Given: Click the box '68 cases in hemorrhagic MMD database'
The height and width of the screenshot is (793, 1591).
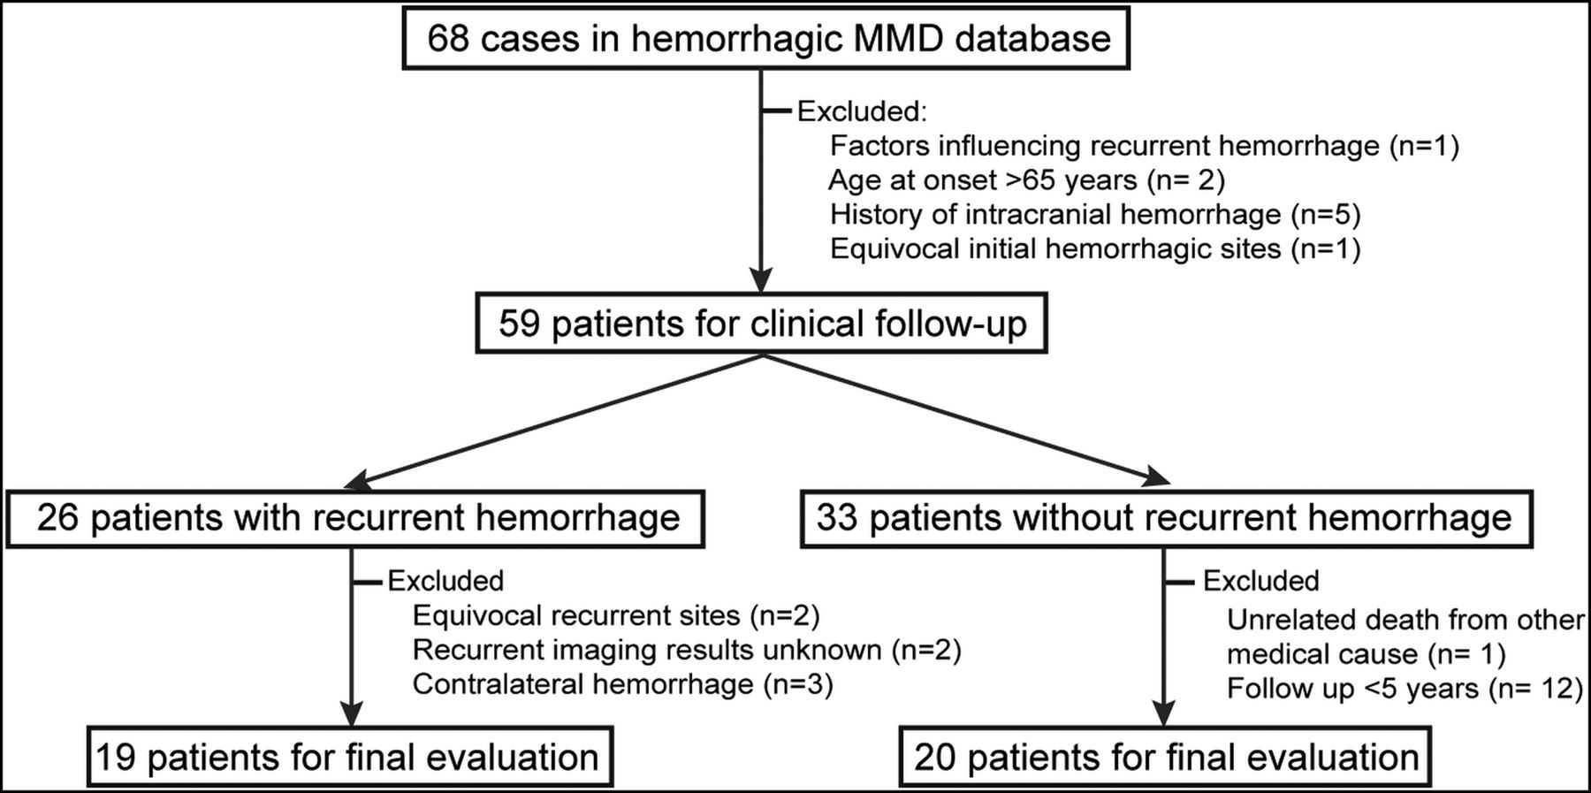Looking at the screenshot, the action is click(x=766, y=40).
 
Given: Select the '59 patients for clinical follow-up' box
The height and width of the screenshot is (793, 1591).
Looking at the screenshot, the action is click(x=761, y=324).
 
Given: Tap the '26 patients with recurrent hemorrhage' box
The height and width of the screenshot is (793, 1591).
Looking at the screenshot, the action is click(x=355, y=518).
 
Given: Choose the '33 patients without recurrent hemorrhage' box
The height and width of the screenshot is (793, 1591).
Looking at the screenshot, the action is click(x=1165, y=518).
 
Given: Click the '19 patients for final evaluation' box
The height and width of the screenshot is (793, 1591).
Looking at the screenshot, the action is click(x=350, y=758).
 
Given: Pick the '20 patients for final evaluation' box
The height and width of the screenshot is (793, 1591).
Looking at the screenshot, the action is click(x=1165, y=758).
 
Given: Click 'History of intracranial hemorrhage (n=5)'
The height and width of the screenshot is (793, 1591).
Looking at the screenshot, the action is click(x=1095, y=215).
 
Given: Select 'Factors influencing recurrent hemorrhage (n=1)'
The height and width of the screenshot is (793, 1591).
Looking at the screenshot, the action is click(x=1145, y=146).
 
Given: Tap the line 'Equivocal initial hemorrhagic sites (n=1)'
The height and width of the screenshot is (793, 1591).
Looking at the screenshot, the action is click(x=1095, y=249).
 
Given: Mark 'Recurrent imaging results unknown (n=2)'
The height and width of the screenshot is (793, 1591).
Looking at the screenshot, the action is click(x=687, y=651).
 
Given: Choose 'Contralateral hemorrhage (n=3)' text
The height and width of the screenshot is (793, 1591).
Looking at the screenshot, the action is click(x=622, y=685).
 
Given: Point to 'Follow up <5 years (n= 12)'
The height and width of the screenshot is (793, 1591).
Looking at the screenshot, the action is click(x=1404, y=689).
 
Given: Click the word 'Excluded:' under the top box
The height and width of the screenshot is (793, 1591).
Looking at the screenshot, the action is click(x=862, y=111).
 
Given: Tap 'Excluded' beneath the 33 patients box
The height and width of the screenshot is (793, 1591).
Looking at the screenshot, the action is click(x=1261, y=581).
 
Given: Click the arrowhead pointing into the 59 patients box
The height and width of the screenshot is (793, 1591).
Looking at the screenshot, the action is click(x=761, y=280).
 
